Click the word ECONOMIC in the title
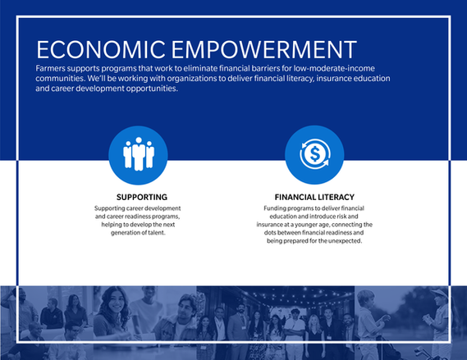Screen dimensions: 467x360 click(x=101, y=49)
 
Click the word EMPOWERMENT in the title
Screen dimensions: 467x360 click(x=264, y=49)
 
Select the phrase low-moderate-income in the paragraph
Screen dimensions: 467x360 click(x=334, y=68)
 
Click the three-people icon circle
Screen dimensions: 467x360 click(x=138, y=155)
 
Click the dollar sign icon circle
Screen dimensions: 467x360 click(x=314, y=155)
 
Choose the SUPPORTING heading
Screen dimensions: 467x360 click(x=142, y=197)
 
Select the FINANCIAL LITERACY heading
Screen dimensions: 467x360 click(x=314, y=197)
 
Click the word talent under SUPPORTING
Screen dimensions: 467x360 click(x=157, y=233)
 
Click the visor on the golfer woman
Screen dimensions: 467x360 click(x=440, y=294)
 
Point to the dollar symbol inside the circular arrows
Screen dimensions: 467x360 click(x=314, y=154)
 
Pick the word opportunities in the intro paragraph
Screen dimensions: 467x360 click(x=152, y=89)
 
